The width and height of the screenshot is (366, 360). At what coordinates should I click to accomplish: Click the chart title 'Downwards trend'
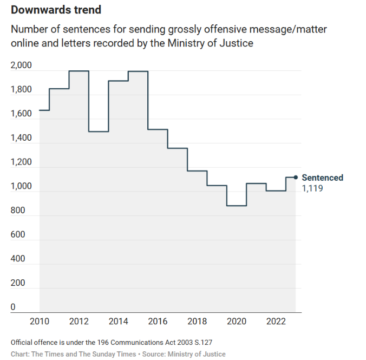[x=56, y=10]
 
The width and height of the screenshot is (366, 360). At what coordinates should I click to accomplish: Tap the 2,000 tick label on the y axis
[x=21, y=66]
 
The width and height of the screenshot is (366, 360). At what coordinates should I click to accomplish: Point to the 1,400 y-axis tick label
[x=21, y=139]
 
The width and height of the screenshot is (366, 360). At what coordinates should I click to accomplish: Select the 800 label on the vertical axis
[x=17, y=211]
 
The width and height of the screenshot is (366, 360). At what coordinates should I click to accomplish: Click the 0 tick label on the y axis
[x=13, y=307]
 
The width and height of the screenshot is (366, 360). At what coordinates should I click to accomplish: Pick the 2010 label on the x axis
[x=40, y=322]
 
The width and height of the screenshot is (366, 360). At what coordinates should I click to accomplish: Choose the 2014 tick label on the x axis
[x=118, y=322]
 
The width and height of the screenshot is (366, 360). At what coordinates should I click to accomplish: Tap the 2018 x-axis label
[x=197, y=322]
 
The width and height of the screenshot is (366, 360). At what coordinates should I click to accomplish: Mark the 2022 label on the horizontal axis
[x=276, y=322]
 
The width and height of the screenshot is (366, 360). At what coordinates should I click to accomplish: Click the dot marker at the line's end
[x=296, y=177]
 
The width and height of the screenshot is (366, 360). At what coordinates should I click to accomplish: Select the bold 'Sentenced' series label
[x=322, y=178]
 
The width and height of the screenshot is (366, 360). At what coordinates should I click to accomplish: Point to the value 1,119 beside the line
[x=312, y=189]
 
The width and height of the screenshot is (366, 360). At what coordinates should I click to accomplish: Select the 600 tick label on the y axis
[x=17, y=235]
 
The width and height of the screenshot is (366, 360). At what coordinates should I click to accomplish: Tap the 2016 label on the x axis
[x=158, y=322]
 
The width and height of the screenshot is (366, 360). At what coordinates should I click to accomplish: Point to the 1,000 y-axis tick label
[x=21, y=187]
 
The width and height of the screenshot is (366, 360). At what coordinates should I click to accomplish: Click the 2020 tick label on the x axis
[x=237, y=322]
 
